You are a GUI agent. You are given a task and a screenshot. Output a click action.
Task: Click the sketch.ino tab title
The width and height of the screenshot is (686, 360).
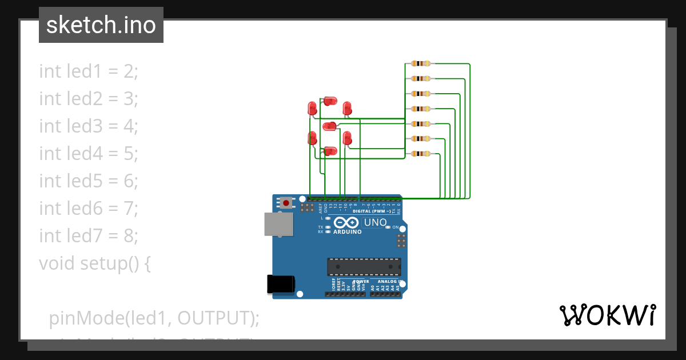click(x=101, y=25)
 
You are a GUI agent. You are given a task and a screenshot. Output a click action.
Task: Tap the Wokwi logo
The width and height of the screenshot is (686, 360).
click(x=607, y=315)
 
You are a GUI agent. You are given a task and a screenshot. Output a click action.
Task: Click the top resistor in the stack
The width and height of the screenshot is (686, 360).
click(x=421, y=63)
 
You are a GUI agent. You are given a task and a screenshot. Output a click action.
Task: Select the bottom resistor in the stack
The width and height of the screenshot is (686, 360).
click(x=421, y=153)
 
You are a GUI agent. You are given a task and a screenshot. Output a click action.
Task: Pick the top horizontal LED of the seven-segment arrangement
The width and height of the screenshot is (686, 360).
click(x=330, y=101)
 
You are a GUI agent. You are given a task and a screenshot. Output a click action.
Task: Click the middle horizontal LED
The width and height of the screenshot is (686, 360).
click(x=330, y=126)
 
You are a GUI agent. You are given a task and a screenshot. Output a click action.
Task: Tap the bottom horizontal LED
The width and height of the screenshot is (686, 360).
click(x=330, y=151)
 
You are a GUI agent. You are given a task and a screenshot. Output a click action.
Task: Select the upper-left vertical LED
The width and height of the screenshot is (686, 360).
click(x=312, y=108)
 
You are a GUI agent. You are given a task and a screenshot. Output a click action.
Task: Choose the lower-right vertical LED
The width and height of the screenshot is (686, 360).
click(x=346, y=138)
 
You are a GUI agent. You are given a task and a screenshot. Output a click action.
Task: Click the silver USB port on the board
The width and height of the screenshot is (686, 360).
click(x=279, y=224)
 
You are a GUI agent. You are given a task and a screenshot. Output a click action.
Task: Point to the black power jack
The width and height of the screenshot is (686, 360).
click(x=281, y=285)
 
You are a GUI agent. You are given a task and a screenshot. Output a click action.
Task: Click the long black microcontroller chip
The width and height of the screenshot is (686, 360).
click(x=364, y=267)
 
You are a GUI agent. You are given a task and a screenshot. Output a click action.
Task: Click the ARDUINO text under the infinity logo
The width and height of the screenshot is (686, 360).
click(x=347, y=232)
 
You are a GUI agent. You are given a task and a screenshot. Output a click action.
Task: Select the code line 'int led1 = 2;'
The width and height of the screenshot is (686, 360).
click(x=89, y=71)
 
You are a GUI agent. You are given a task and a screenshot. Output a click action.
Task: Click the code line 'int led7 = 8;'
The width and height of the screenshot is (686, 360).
click(x=89, y=235)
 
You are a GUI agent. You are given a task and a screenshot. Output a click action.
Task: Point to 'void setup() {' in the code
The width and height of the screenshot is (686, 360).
click(x=95, y=263)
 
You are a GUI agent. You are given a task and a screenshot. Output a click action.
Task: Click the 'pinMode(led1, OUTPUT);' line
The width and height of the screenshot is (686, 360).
click(x=154, y=318)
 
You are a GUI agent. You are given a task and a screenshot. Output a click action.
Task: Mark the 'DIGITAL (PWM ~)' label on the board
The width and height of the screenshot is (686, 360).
click(x=372, y=211)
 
